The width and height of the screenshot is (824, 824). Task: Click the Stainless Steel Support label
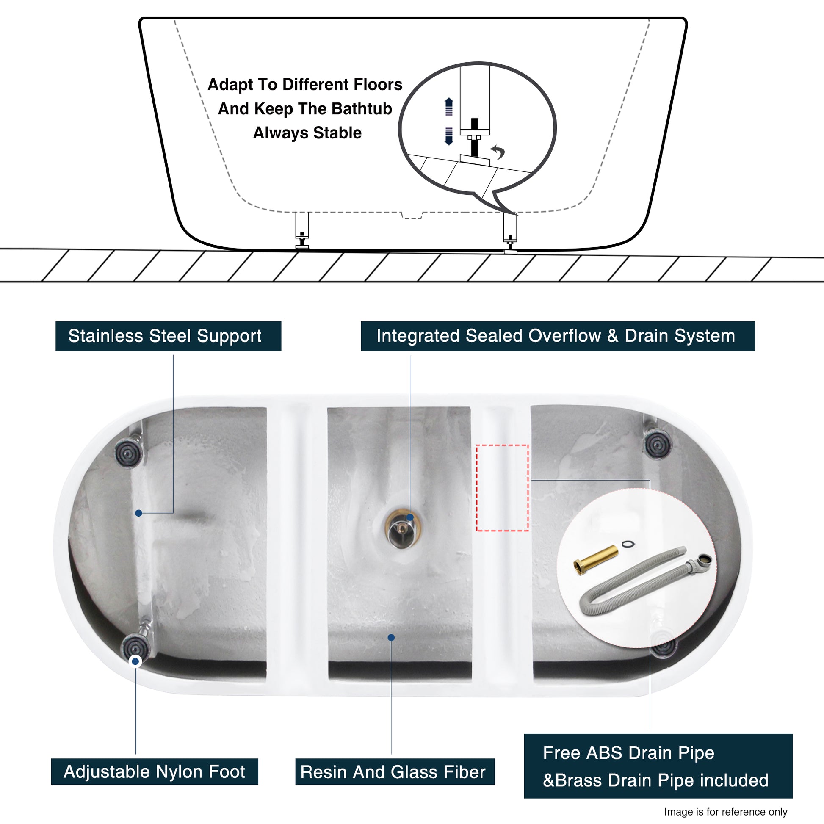point(168,336)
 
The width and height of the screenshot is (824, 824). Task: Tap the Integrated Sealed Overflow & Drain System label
point(558,336)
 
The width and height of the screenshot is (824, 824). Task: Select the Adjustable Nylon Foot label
point(155,771)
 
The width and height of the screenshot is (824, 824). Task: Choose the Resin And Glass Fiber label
point(395,771)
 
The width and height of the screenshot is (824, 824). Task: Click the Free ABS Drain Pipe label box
point(658,766)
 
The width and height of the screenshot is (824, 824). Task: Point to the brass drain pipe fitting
point(596,561)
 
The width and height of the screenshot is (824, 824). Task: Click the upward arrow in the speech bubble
point(449,107)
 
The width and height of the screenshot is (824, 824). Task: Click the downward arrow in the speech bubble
point(449,136)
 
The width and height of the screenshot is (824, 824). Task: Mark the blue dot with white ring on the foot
point(135,661)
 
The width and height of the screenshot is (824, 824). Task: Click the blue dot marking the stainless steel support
point(138,513)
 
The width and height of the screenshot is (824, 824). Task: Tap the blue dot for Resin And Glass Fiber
point(391,638)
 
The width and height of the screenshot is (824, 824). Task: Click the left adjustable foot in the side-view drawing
point(302,231)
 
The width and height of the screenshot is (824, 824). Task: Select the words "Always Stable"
point(307,133)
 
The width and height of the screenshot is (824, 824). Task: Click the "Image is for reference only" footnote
point(726,812)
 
